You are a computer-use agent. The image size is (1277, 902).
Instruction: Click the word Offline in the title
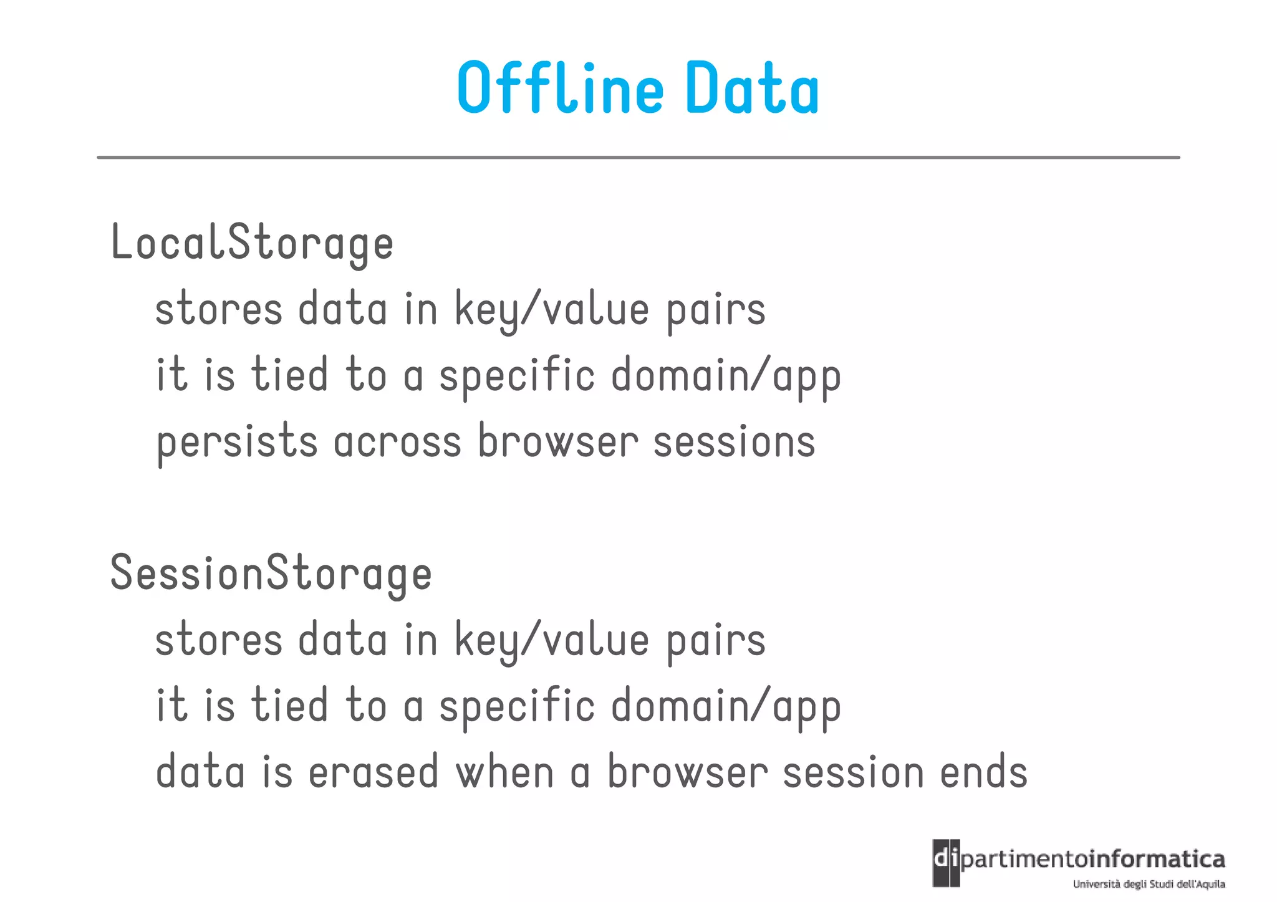coord(560,89)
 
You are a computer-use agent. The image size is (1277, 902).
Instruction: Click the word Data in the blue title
coord(752,89)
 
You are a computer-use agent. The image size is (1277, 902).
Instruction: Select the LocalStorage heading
coord(252,243)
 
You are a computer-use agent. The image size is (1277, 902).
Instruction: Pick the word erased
coord(373,772)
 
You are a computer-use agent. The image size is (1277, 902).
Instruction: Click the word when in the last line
coord(504,772)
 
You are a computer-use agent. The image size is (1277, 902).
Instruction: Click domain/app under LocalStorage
coord(726,377)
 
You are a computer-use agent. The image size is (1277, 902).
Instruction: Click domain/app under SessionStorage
coord(726,707)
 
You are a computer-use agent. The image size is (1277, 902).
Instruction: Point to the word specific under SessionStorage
coord(517,707)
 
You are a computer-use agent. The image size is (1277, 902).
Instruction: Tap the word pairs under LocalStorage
coord(716,310)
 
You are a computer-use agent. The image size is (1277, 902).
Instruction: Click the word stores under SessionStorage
coord(219,640)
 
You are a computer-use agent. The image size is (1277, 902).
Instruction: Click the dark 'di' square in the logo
coord(946,863)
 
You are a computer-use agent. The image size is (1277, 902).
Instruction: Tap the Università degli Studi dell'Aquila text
coord(1149,884)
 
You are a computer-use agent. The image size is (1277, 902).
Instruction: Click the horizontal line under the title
coord(638,158)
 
